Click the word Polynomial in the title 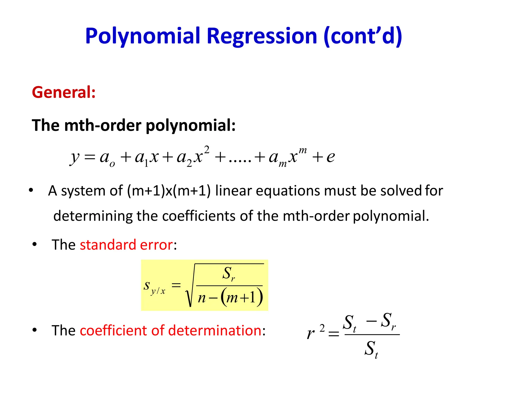[x=143, y=36]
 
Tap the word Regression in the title [x=262, y=36]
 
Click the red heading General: [x=64, y=92]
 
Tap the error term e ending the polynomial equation [x=331, y=157]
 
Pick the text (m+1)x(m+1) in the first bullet [x=169, y=191]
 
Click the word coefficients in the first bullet [x=199, y=216]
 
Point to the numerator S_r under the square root [x=229, y=274]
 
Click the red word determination [x=215, y=330]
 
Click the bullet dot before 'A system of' [x=31, y=191]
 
